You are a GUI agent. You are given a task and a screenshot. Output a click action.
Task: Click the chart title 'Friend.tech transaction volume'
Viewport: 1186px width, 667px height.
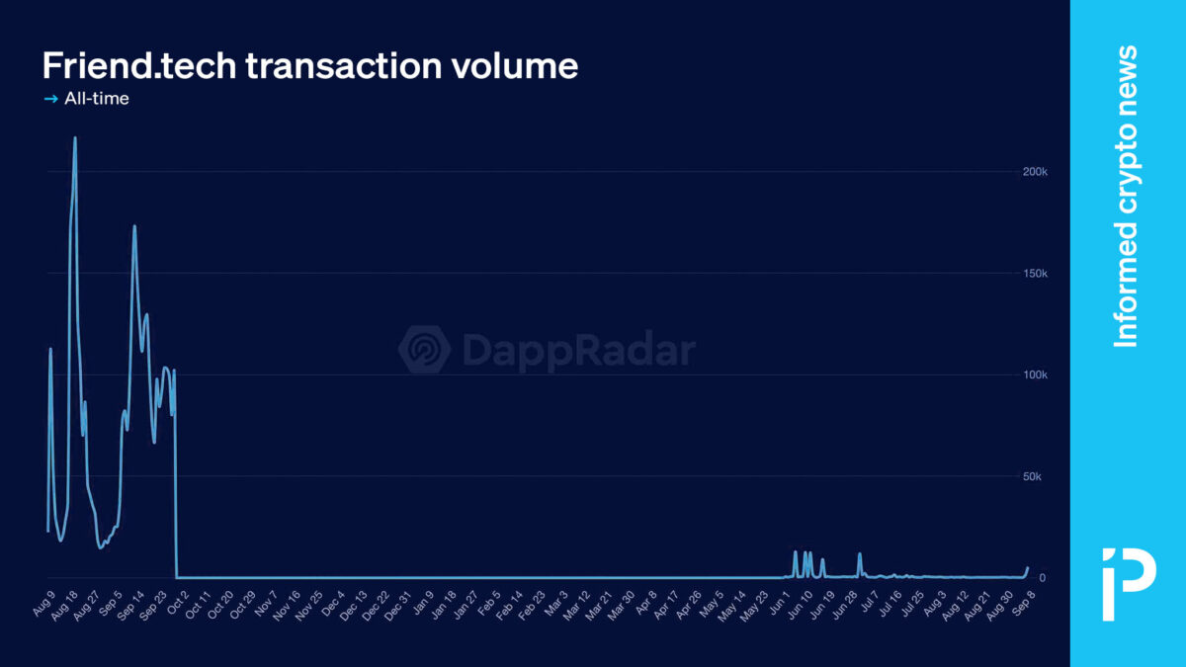tap(309, 66)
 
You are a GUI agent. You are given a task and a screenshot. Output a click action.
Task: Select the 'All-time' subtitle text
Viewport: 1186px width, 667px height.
tap(97, 99)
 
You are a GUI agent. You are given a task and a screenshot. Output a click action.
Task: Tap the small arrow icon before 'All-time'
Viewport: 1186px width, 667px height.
tap(51, 99)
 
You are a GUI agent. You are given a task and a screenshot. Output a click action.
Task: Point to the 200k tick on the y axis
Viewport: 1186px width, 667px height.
tap(1034, 172)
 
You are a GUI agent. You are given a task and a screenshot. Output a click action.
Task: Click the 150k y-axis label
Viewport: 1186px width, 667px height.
tap(1034, 274)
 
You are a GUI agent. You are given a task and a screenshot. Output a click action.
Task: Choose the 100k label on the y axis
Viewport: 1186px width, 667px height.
tap(1034, 375)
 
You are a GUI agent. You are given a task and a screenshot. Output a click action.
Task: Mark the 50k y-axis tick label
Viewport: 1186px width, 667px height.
tap(1032, 477)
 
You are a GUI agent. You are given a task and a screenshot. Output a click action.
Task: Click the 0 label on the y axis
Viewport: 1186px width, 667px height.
tap(1028, 578)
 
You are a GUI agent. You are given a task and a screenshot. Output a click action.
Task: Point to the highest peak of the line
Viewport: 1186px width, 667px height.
tap(75, 138)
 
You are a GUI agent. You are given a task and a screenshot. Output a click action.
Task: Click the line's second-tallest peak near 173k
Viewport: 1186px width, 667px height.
tap(134, 226)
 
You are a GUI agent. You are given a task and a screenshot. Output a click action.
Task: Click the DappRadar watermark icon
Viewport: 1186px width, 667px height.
tap(424, 350)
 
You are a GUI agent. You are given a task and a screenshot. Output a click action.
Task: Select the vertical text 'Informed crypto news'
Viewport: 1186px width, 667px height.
tap(1126, 196)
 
